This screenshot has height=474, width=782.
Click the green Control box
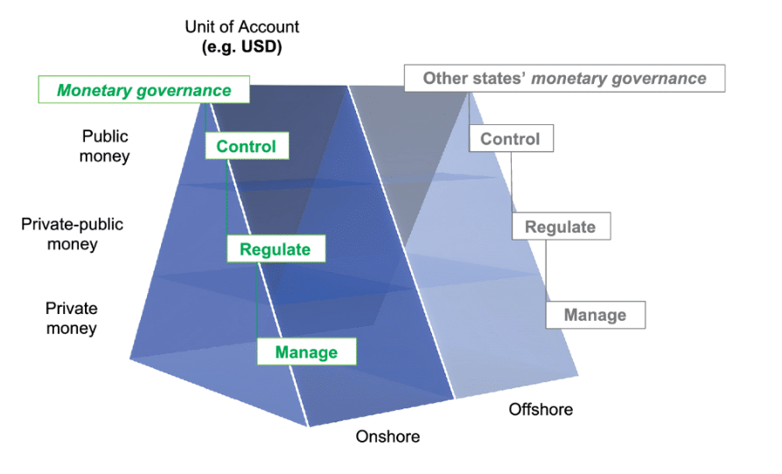[x=246, y=146]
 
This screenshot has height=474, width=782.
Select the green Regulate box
[x=275, y=249]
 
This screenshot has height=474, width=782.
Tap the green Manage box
[x=306, y=352]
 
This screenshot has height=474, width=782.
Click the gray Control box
[x=510, y=139]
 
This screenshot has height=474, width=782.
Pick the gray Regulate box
[x=560, y=227]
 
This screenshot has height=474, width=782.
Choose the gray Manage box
[x=595, y=315]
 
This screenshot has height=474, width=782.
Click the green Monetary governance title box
[x=144, y=90]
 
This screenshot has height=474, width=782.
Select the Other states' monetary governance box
[x=564, y=78]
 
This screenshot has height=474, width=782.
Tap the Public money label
[x=104, y=146]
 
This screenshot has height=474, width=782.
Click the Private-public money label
[x=73, y=234]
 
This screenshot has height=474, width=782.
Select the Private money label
[x=72, y=318]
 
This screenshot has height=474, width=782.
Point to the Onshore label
[x=388, y=436]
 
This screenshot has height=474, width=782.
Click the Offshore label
[x=541, y=409]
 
